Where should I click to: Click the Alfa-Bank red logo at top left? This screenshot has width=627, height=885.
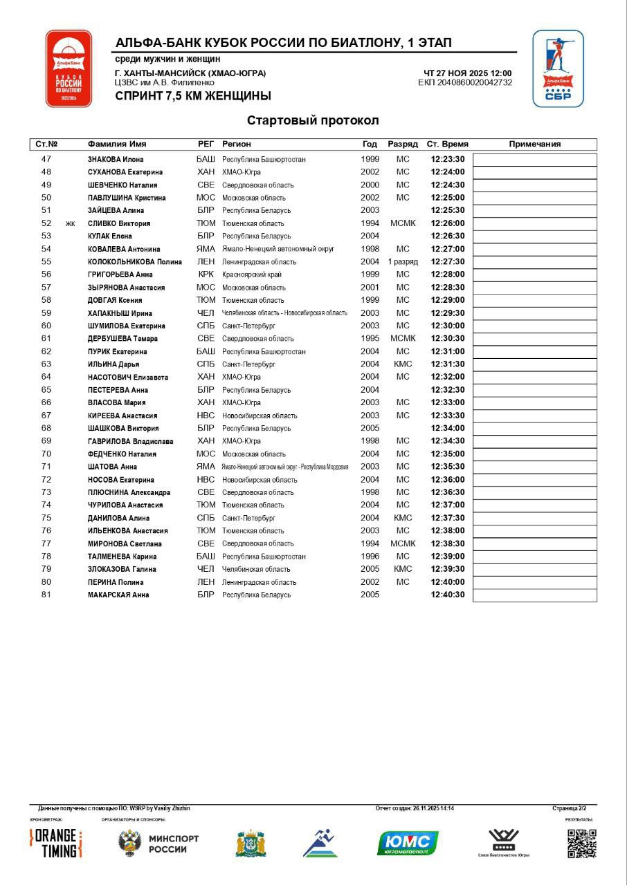(x=69, y=68)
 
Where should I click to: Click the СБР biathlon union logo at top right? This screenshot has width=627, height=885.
(x=558, y=68)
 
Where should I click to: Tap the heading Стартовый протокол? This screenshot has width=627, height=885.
(x=313, y=120)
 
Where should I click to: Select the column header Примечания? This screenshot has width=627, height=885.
(x=534, y=145)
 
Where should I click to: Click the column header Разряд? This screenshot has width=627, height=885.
(x=403, y=145)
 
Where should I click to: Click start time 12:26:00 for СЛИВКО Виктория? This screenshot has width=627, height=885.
(x=448, y=223)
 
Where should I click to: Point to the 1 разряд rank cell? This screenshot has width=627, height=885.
(x=403, y=262)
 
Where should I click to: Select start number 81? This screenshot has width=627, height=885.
(x=46, y=595)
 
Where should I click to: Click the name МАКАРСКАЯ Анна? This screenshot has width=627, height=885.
(x=118, y=595)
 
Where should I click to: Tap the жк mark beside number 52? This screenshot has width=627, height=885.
(x=70, y=224)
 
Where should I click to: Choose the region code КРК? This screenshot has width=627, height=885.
(x=206, y=274)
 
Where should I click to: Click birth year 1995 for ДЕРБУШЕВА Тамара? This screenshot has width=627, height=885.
(x=370, y=339)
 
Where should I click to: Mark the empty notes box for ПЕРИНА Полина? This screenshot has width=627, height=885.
(x=534, y=582)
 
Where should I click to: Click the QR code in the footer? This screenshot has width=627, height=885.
(x=581, y=843)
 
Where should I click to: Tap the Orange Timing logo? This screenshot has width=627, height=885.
(x=56, y=843)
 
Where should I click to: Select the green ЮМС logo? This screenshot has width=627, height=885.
(x=408, y=843)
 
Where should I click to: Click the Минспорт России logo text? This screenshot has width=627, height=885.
(x=174, y=844)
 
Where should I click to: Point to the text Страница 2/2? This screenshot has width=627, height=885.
(x=570, y=808)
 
